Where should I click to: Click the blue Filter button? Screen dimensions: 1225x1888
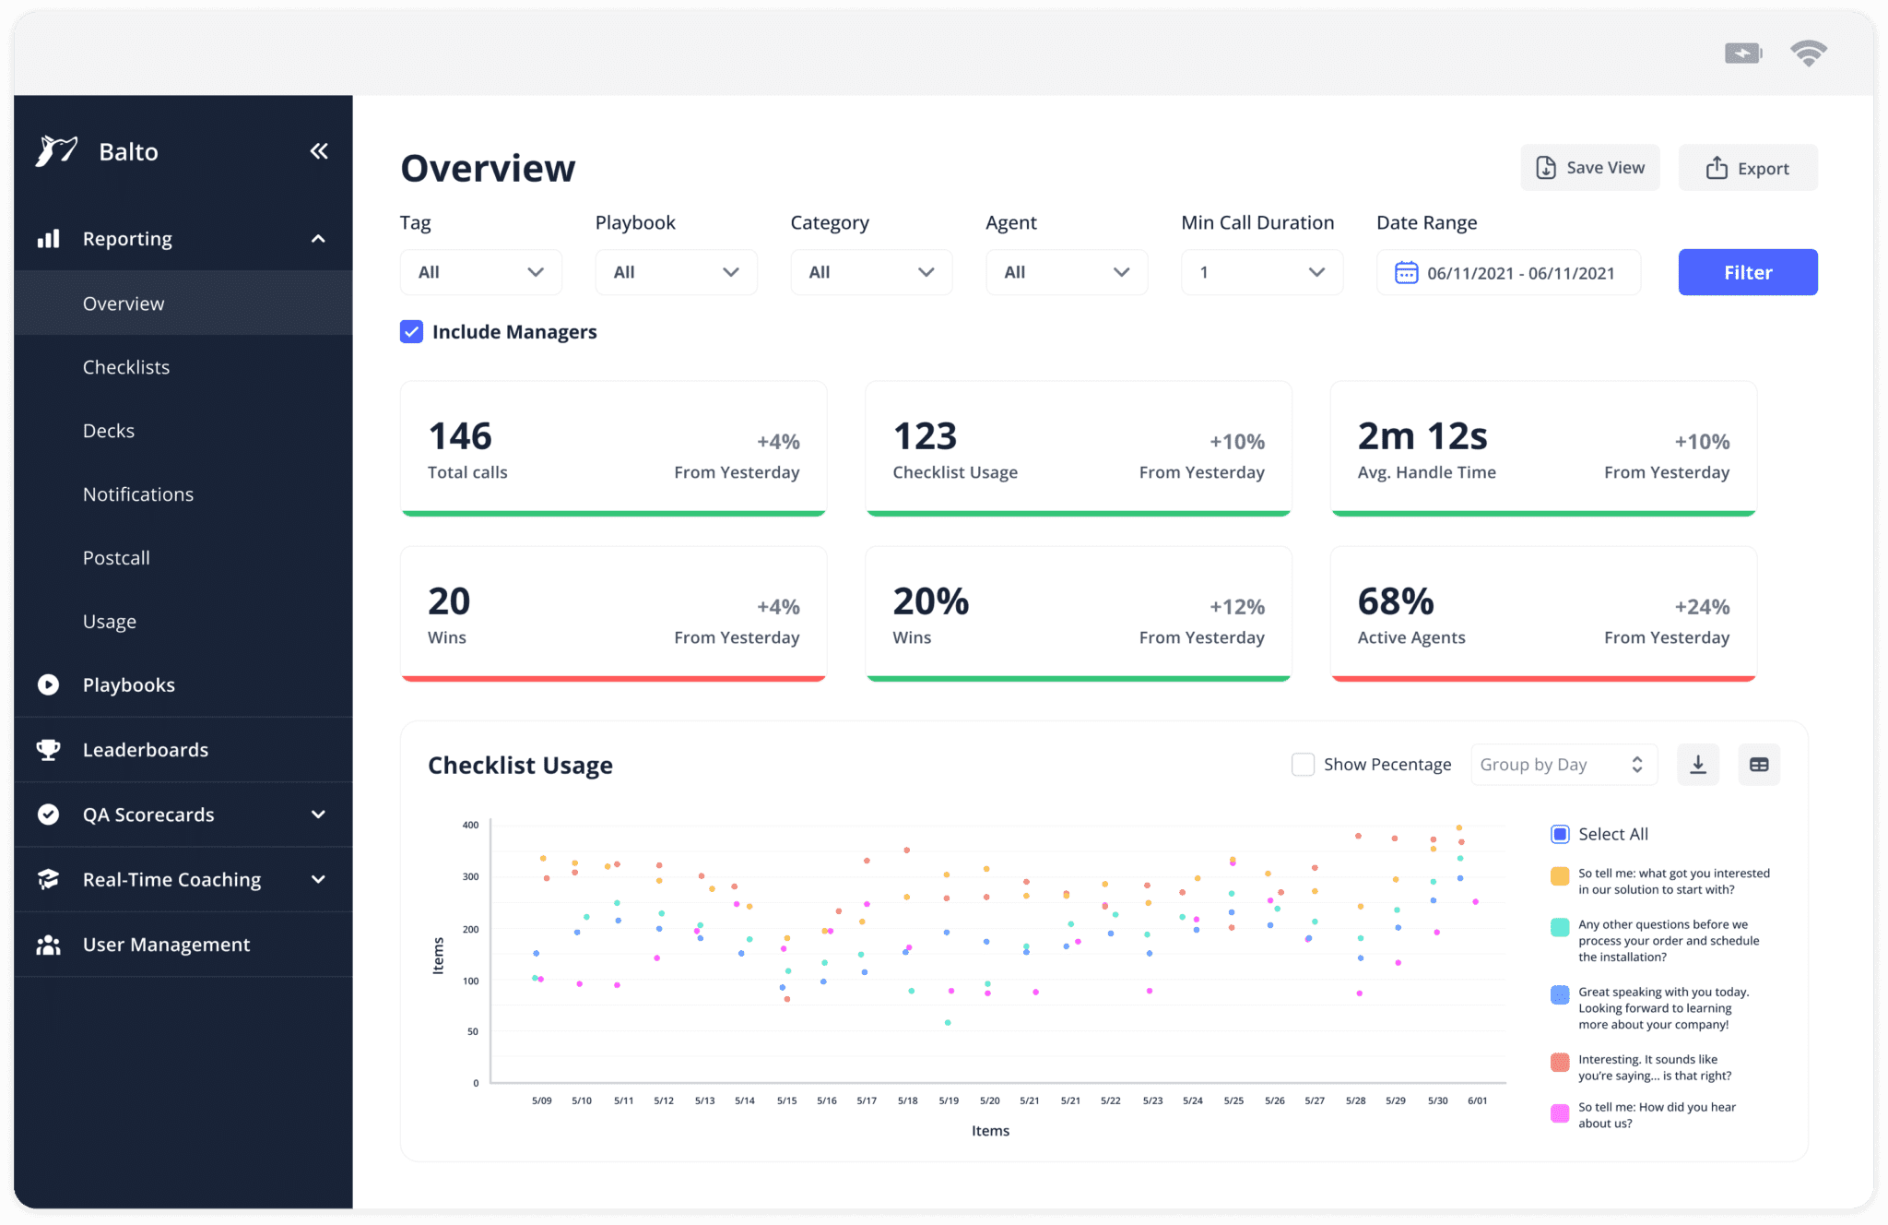tap(1747, 272)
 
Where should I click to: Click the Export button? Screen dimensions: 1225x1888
tap(1747, 168)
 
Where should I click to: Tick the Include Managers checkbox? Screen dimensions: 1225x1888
tap(411, 332)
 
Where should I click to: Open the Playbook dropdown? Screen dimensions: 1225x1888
tap(676, 272)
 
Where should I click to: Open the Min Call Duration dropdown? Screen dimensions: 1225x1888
tap(1261, 272)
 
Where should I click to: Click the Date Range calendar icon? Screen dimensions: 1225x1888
tap(1406, 273)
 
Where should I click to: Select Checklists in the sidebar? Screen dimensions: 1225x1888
tap(126, 367)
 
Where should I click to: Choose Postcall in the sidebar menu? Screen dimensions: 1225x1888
tap(116, 558)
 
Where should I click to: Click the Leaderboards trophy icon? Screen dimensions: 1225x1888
tap(48, 750)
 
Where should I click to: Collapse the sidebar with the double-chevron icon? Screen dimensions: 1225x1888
tap(319, 151)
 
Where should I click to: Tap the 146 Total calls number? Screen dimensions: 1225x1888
tap(460, 436)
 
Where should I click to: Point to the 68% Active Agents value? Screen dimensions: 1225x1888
tap(1396, 601)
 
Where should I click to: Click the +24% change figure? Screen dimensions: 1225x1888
tap(1702, 607)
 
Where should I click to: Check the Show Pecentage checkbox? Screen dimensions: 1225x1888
tap(1303, 765)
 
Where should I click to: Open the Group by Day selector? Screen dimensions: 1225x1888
tap(1563, 765)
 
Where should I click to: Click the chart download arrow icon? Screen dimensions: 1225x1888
tap(1698, 765)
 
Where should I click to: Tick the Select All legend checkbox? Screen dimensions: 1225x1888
tap(1560, 835)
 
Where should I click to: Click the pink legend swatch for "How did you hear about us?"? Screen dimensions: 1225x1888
tap(1560, 1113)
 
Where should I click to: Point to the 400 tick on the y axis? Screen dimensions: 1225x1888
tap(470, 825)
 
